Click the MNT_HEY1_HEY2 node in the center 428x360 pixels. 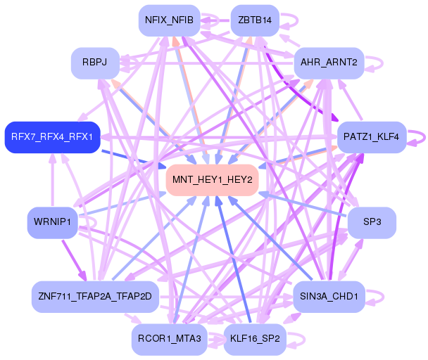213,180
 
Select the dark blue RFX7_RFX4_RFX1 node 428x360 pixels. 52,136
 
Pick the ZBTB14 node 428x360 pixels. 255,20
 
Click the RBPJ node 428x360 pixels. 94,63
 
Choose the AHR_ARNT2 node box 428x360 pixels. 328,63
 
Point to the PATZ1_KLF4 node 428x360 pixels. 372,136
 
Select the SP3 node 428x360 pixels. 372,222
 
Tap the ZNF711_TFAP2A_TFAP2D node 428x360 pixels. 96,296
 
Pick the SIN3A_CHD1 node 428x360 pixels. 328,296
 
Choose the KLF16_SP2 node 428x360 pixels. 255,339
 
